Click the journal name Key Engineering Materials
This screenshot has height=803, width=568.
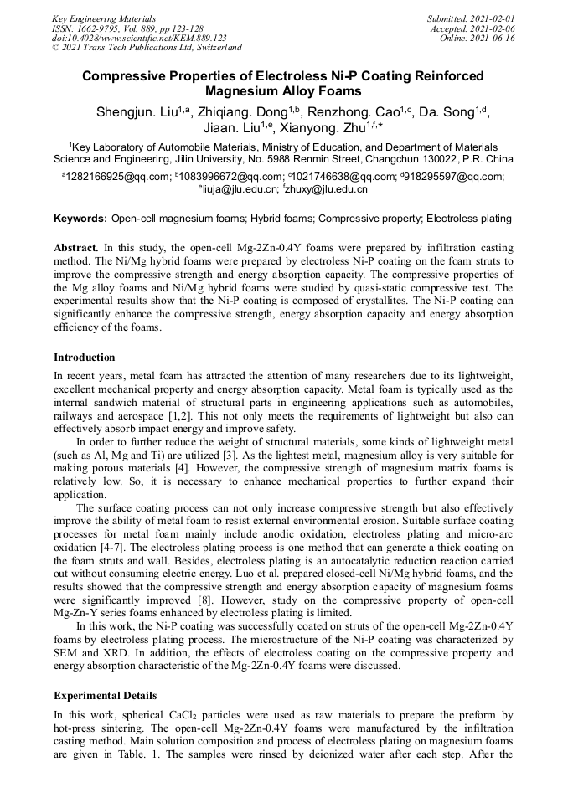(104, 18)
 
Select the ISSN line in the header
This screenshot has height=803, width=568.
(127, 28)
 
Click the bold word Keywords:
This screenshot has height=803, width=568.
(80, 219)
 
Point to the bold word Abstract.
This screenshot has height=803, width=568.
(76, 249)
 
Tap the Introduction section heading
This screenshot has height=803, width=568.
(85, 358)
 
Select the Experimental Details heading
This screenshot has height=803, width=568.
(105, 696)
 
